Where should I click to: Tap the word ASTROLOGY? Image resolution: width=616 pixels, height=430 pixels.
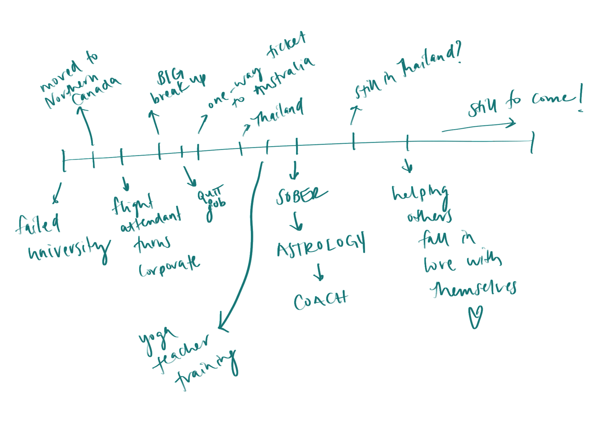coord(321,245)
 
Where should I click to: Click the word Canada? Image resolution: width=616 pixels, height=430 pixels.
coord(96,91)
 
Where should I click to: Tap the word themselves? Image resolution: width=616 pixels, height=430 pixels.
coord(473,289)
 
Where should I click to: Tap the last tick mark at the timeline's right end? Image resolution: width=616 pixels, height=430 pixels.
coord(533,142)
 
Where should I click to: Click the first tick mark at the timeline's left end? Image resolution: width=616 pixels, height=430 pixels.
coord(64,160)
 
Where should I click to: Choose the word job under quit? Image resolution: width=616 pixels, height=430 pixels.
coord(215,208)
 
